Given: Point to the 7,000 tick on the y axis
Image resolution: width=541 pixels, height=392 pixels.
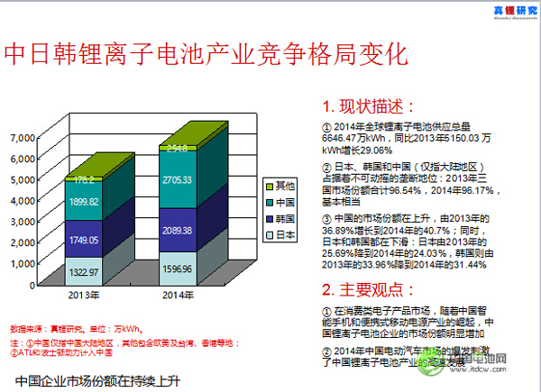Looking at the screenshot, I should pos(23,138).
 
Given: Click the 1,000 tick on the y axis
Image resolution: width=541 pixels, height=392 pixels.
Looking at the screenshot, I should pos(23,264).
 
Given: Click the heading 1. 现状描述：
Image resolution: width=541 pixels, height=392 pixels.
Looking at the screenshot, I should pos(369,105).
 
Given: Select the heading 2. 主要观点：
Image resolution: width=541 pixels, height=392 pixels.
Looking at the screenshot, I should pos(369,289).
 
